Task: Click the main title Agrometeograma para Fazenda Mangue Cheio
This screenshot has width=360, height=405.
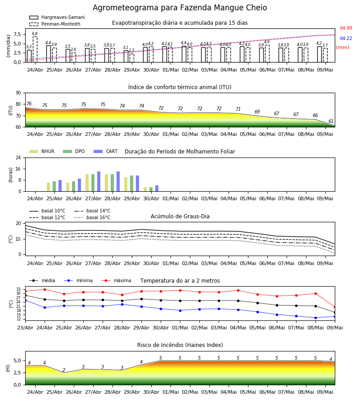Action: (180, 8)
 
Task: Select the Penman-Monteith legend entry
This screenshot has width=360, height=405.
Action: (55, 24)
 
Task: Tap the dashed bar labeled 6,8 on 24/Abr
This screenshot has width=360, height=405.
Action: (35, 49)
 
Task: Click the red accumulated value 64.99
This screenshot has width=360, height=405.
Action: (346, 28)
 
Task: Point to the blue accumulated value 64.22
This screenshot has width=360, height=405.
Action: (346, 38)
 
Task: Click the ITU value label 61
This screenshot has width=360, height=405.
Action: (331, 121)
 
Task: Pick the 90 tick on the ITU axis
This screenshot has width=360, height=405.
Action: (18, 93)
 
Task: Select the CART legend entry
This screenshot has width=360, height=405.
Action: (106, 151)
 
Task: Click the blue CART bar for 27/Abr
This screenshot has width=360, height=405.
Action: (99, 181)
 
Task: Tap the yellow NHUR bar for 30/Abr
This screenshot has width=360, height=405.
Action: (145, 189)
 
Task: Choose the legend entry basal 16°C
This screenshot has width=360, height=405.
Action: (92, 217)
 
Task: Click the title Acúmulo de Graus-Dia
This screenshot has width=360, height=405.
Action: (180, 216)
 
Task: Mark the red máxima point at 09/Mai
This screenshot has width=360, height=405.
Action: (335, 307)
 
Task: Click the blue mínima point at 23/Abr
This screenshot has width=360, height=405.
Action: (26, 301)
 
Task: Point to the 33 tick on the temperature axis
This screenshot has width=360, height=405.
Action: (18, 289)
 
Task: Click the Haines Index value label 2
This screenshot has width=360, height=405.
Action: (64, 370)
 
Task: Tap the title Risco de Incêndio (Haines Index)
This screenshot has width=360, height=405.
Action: (180, 345)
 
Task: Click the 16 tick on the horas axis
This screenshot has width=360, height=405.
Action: (18, 169)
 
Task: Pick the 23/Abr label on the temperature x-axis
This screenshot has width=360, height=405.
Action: (25, 328)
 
